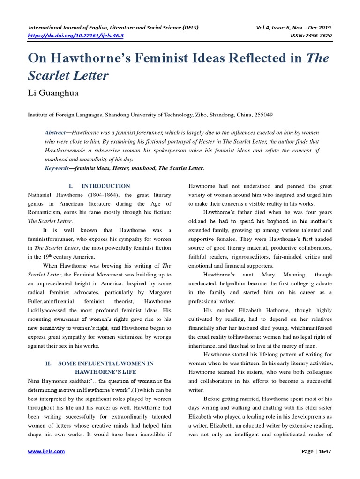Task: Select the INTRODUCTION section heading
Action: point(106,186)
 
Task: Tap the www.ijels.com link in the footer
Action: point(46,451)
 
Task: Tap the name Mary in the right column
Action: point(265,275)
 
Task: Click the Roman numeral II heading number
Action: point(48,363)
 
